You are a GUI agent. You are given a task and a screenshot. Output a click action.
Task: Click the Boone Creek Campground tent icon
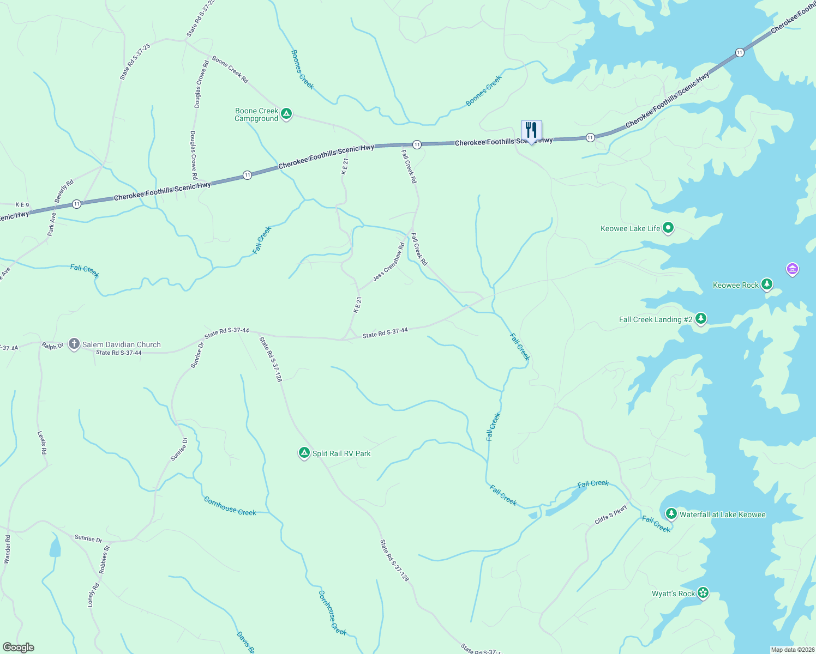pyautogui.click(x=286, y=114)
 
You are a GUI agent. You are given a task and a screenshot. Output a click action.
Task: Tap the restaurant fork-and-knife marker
pyautogui.click(x=531, y=131)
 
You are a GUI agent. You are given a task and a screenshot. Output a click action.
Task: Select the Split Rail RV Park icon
pyautogui.click(x=304, y=453)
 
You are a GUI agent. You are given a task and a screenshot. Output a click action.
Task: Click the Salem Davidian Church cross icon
pyautogui.click(x=74, y=344)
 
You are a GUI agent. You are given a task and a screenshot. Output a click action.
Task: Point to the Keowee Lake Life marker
pyautogui.click(x=668, y=228)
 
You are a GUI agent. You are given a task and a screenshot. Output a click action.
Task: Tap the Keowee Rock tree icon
pyautogui.click(x=767, y=284)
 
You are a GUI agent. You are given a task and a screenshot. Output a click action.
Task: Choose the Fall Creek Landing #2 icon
pyautogui.click(x=701, y=319)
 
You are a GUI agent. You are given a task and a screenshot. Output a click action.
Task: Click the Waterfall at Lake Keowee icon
pyautogui.click(x=671, y=514)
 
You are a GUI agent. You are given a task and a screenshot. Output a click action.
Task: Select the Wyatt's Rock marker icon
pyautogui.click(x=703, y=593)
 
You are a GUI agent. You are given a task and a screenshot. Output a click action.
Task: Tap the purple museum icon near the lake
pyautogui.click(x=792, y=269)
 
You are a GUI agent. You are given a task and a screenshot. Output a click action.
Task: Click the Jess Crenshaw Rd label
pyautogui.click(x=389, y=262)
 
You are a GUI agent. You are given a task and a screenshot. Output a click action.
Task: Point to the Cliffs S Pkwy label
pyautogui.click(x=611, y=514)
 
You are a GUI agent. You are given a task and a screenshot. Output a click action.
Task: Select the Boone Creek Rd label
pyautogui.click(x=230, y=69)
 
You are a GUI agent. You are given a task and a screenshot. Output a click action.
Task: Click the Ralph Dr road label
pyautogui.click(x=52, y=346)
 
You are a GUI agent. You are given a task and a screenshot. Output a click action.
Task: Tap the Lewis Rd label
pyautogui.click(x=43, y=443)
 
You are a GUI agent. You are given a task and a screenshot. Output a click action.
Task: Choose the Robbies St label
pyautogui.click(x=104, y=559)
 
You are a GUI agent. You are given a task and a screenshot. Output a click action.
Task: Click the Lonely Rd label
pyautogui.click(x=94, y=595)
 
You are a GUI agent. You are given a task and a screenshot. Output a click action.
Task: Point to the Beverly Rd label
pyautogui.click(x=64, y=191)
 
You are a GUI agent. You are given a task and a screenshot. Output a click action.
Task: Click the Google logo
pyautogui.click(x=18, y=647)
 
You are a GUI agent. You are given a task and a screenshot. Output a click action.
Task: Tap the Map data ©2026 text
pyautogui.click(x=793, y=650)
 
